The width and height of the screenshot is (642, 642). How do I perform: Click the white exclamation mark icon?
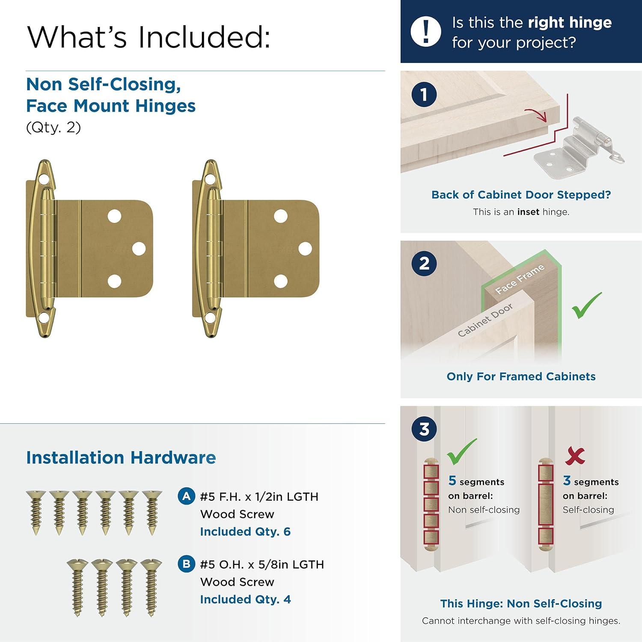pos(425,31)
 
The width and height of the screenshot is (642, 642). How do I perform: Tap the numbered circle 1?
pos(424,94)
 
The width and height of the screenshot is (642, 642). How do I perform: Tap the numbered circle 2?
pos(424,263)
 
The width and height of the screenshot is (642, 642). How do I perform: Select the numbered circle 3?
pos(424,429)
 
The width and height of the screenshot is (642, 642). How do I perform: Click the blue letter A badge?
pos(186,496)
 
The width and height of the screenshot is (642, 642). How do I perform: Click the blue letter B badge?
pos(186,564)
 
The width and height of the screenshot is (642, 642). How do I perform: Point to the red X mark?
pos(574,455)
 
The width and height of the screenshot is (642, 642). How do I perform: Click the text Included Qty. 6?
pos(245,532)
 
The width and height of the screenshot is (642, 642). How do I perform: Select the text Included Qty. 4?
pos(245,599)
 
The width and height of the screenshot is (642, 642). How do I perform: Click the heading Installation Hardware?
pos(121,458)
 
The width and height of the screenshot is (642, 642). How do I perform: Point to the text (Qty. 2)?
pos(53,128)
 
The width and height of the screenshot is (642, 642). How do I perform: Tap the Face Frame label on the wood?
pos(520,279)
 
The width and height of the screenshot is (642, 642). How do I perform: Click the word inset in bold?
pos(528,212)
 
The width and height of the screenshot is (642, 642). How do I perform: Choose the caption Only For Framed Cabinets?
pos(521,376)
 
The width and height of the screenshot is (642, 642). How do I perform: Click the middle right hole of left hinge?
pos(139,249)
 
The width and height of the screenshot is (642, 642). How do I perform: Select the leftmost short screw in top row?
pos(36,511)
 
